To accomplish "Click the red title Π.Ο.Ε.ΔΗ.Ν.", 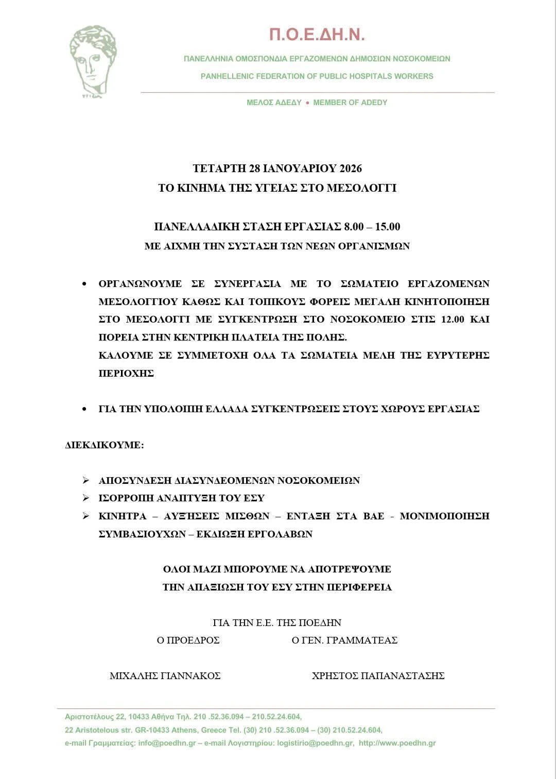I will (317, 35).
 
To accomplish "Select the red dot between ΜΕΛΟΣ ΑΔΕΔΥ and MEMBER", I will (307, 103).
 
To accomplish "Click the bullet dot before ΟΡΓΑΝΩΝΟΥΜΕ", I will (84, 284).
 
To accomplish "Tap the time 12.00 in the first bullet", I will (453, 319).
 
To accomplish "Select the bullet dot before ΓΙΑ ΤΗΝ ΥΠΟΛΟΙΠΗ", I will (84, 409).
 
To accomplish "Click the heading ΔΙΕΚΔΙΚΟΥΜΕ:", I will (105, 445).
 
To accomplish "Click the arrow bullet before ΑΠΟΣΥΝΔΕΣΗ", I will (86, 481).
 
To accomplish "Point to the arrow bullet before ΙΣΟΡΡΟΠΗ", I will (86, 498).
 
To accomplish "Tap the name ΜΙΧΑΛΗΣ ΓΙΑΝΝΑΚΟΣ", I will (165, 676).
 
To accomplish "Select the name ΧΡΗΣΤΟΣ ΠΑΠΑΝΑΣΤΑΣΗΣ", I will (378, 676).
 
